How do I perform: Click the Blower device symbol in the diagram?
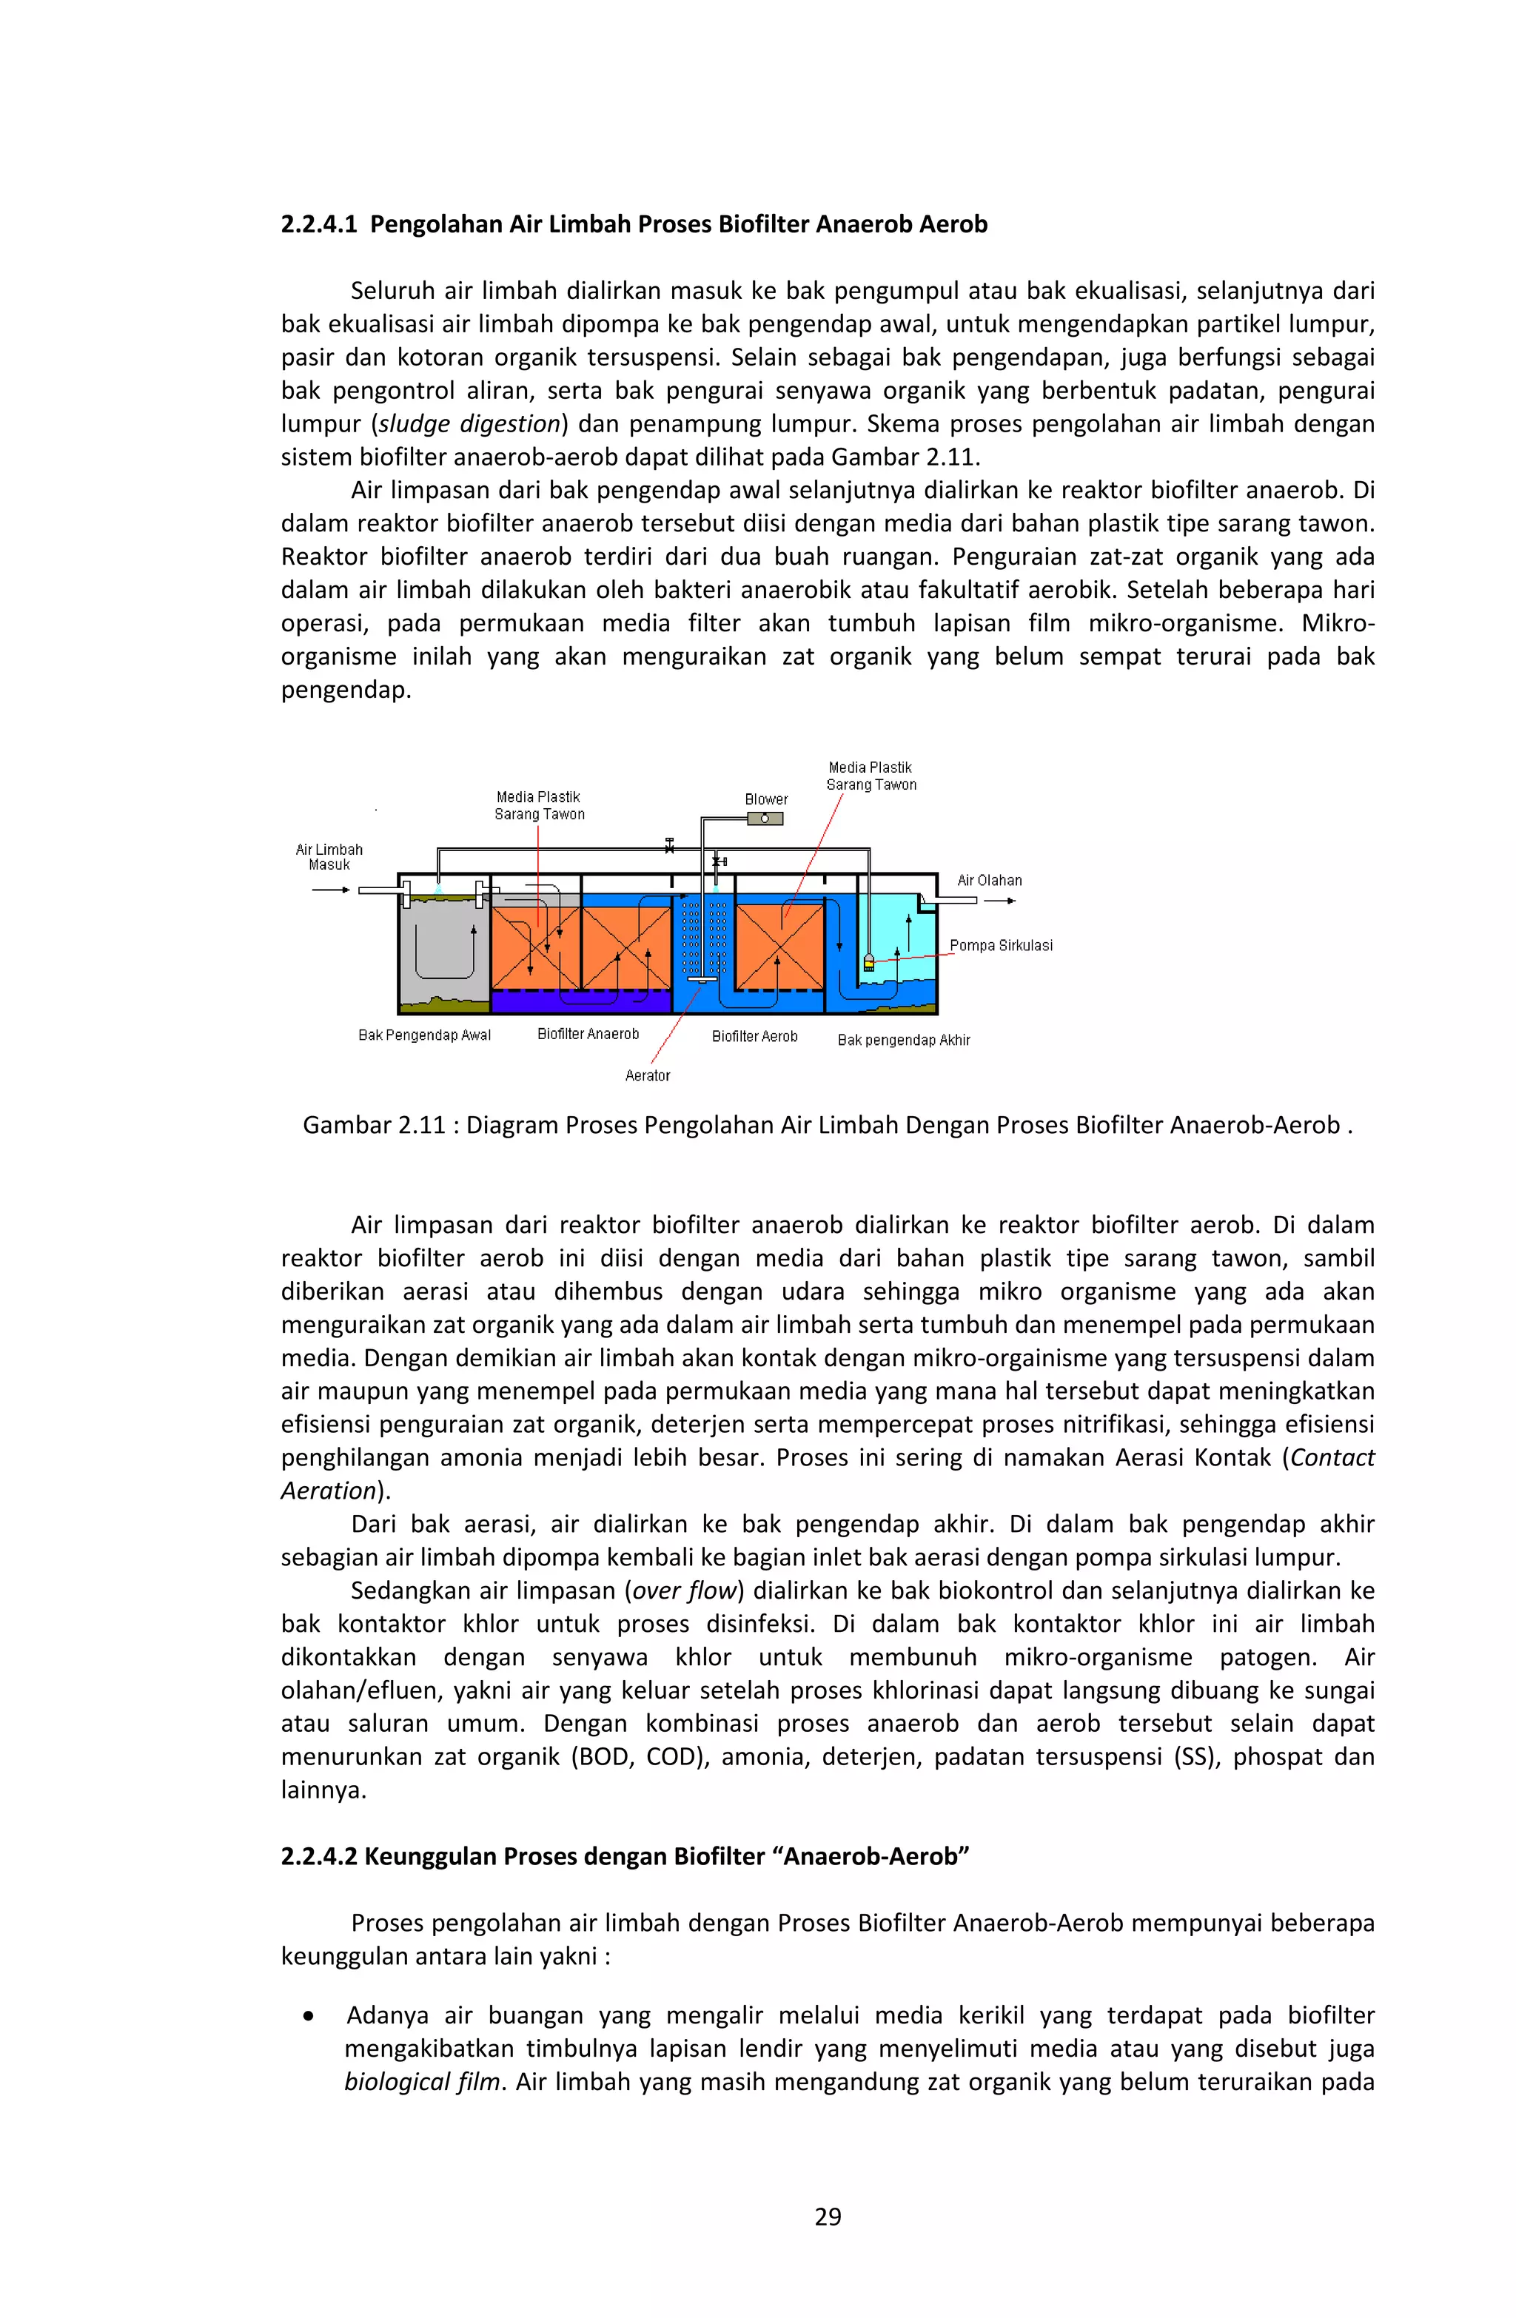[765, 818]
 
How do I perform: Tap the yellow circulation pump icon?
[869, 962]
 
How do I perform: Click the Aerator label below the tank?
[647, 1075]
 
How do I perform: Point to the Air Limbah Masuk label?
[329, 857]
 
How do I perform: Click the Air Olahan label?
[989, 881]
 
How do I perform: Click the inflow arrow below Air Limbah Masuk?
[332, 889]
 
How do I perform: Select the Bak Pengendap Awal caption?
[425, 1035]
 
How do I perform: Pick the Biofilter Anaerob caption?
[588, 1035]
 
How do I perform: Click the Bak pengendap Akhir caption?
[903, 1040]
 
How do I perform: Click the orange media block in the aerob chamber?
[779, 947]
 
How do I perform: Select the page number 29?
[827, 2217]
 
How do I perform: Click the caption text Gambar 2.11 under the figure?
[374, 1125]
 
